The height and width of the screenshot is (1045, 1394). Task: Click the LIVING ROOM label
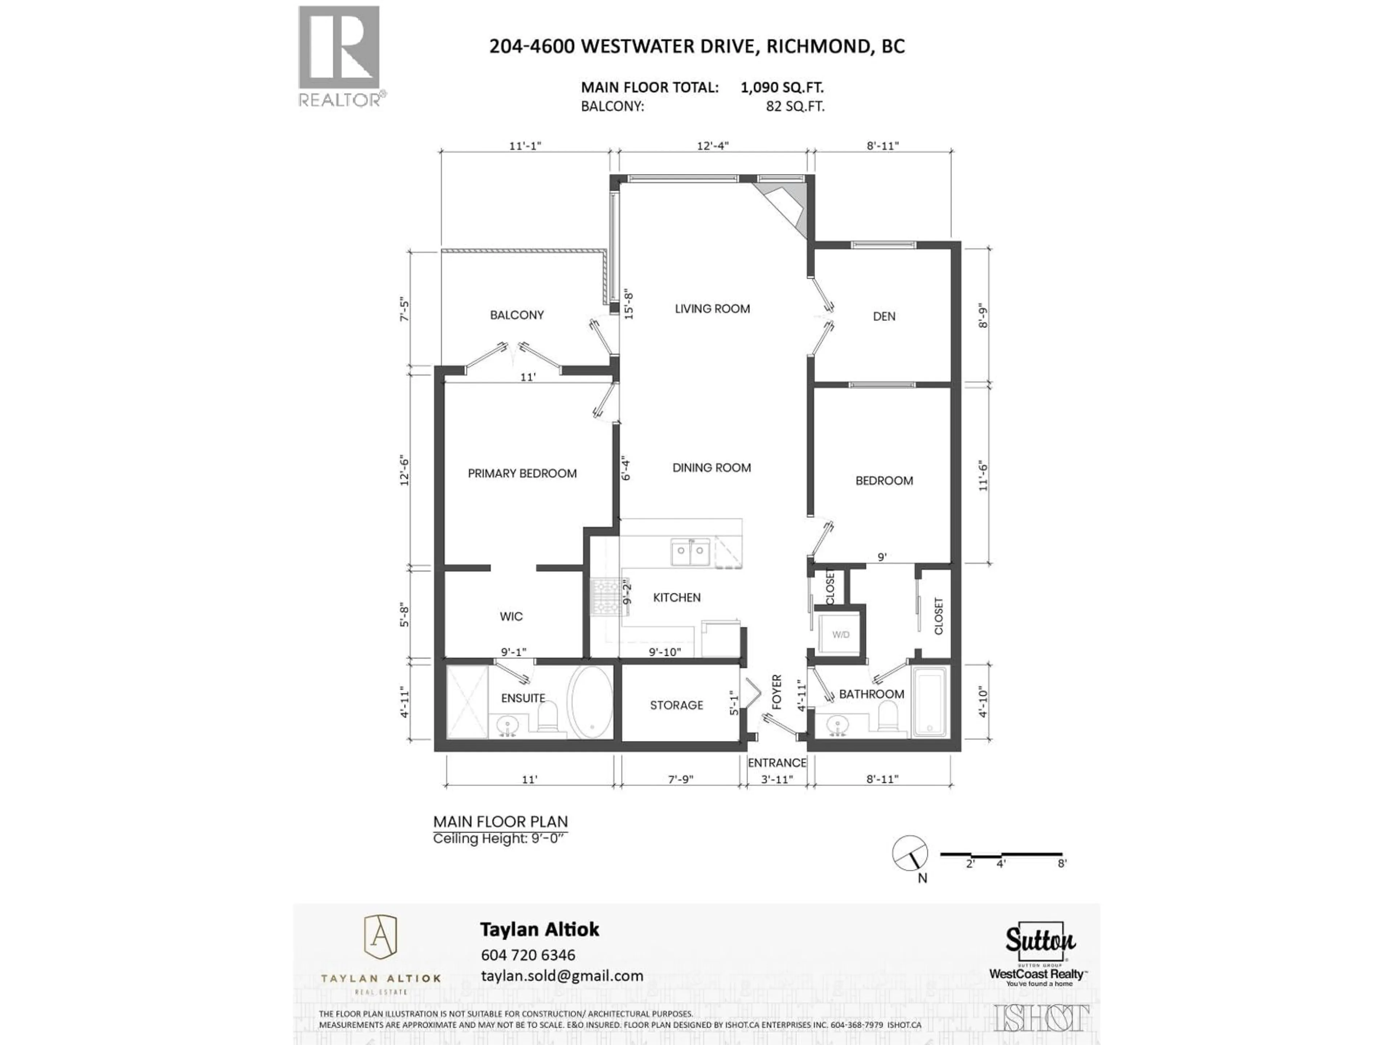(712, 309)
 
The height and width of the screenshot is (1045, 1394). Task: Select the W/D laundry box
(841, 634)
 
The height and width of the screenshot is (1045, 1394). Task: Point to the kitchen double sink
(690, 552)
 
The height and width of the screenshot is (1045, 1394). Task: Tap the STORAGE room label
(676, 705)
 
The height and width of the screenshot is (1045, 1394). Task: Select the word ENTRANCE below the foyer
(777, 763)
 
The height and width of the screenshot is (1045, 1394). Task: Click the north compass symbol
(910, 853)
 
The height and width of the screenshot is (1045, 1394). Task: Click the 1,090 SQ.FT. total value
(782, 87)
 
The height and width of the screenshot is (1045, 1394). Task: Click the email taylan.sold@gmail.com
(562, 976)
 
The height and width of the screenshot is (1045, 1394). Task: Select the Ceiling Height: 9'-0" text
(500, 839)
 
